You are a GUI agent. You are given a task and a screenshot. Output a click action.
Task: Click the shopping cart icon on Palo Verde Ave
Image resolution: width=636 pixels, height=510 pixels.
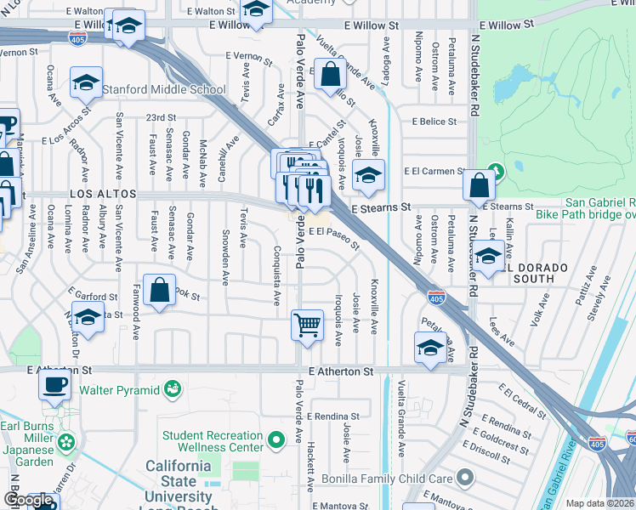(307, 325)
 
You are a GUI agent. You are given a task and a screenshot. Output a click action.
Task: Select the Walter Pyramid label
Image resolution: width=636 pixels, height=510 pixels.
(119, 390)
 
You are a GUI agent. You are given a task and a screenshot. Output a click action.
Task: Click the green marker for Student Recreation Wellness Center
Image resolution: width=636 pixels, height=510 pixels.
(275, 440)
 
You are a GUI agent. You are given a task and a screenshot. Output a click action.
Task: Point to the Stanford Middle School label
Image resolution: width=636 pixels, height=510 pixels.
(164, 89)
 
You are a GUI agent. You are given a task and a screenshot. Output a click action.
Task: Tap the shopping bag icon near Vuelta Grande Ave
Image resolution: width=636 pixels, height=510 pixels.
(328, 75)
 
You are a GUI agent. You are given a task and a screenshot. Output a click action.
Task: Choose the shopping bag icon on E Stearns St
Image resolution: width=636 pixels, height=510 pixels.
(480, 184)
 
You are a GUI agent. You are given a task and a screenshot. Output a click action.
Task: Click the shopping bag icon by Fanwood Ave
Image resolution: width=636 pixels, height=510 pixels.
(159, 290)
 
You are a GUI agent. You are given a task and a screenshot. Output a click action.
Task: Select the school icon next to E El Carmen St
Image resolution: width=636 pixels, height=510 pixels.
(367, 176)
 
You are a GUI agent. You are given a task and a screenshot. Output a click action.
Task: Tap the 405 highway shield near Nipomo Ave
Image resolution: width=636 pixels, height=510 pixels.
(436, 297)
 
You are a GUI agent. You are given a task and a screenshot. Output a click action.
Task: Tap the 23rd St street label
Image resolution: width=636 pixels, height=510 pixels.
(160, 117)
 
